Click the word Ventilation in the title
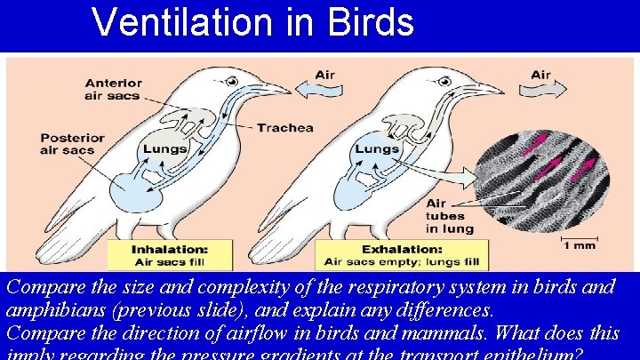(x=186, y=22)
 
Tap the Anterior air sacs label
(x=113, y=89)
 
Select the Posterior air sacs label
(x=72, y=145)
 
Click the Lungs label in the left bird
(x=166, y=148)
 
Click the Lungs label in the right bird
(x=377, y=148)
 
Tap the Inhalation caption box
(x=169, y=254)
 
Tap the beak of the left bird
(x=276, y=88)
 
